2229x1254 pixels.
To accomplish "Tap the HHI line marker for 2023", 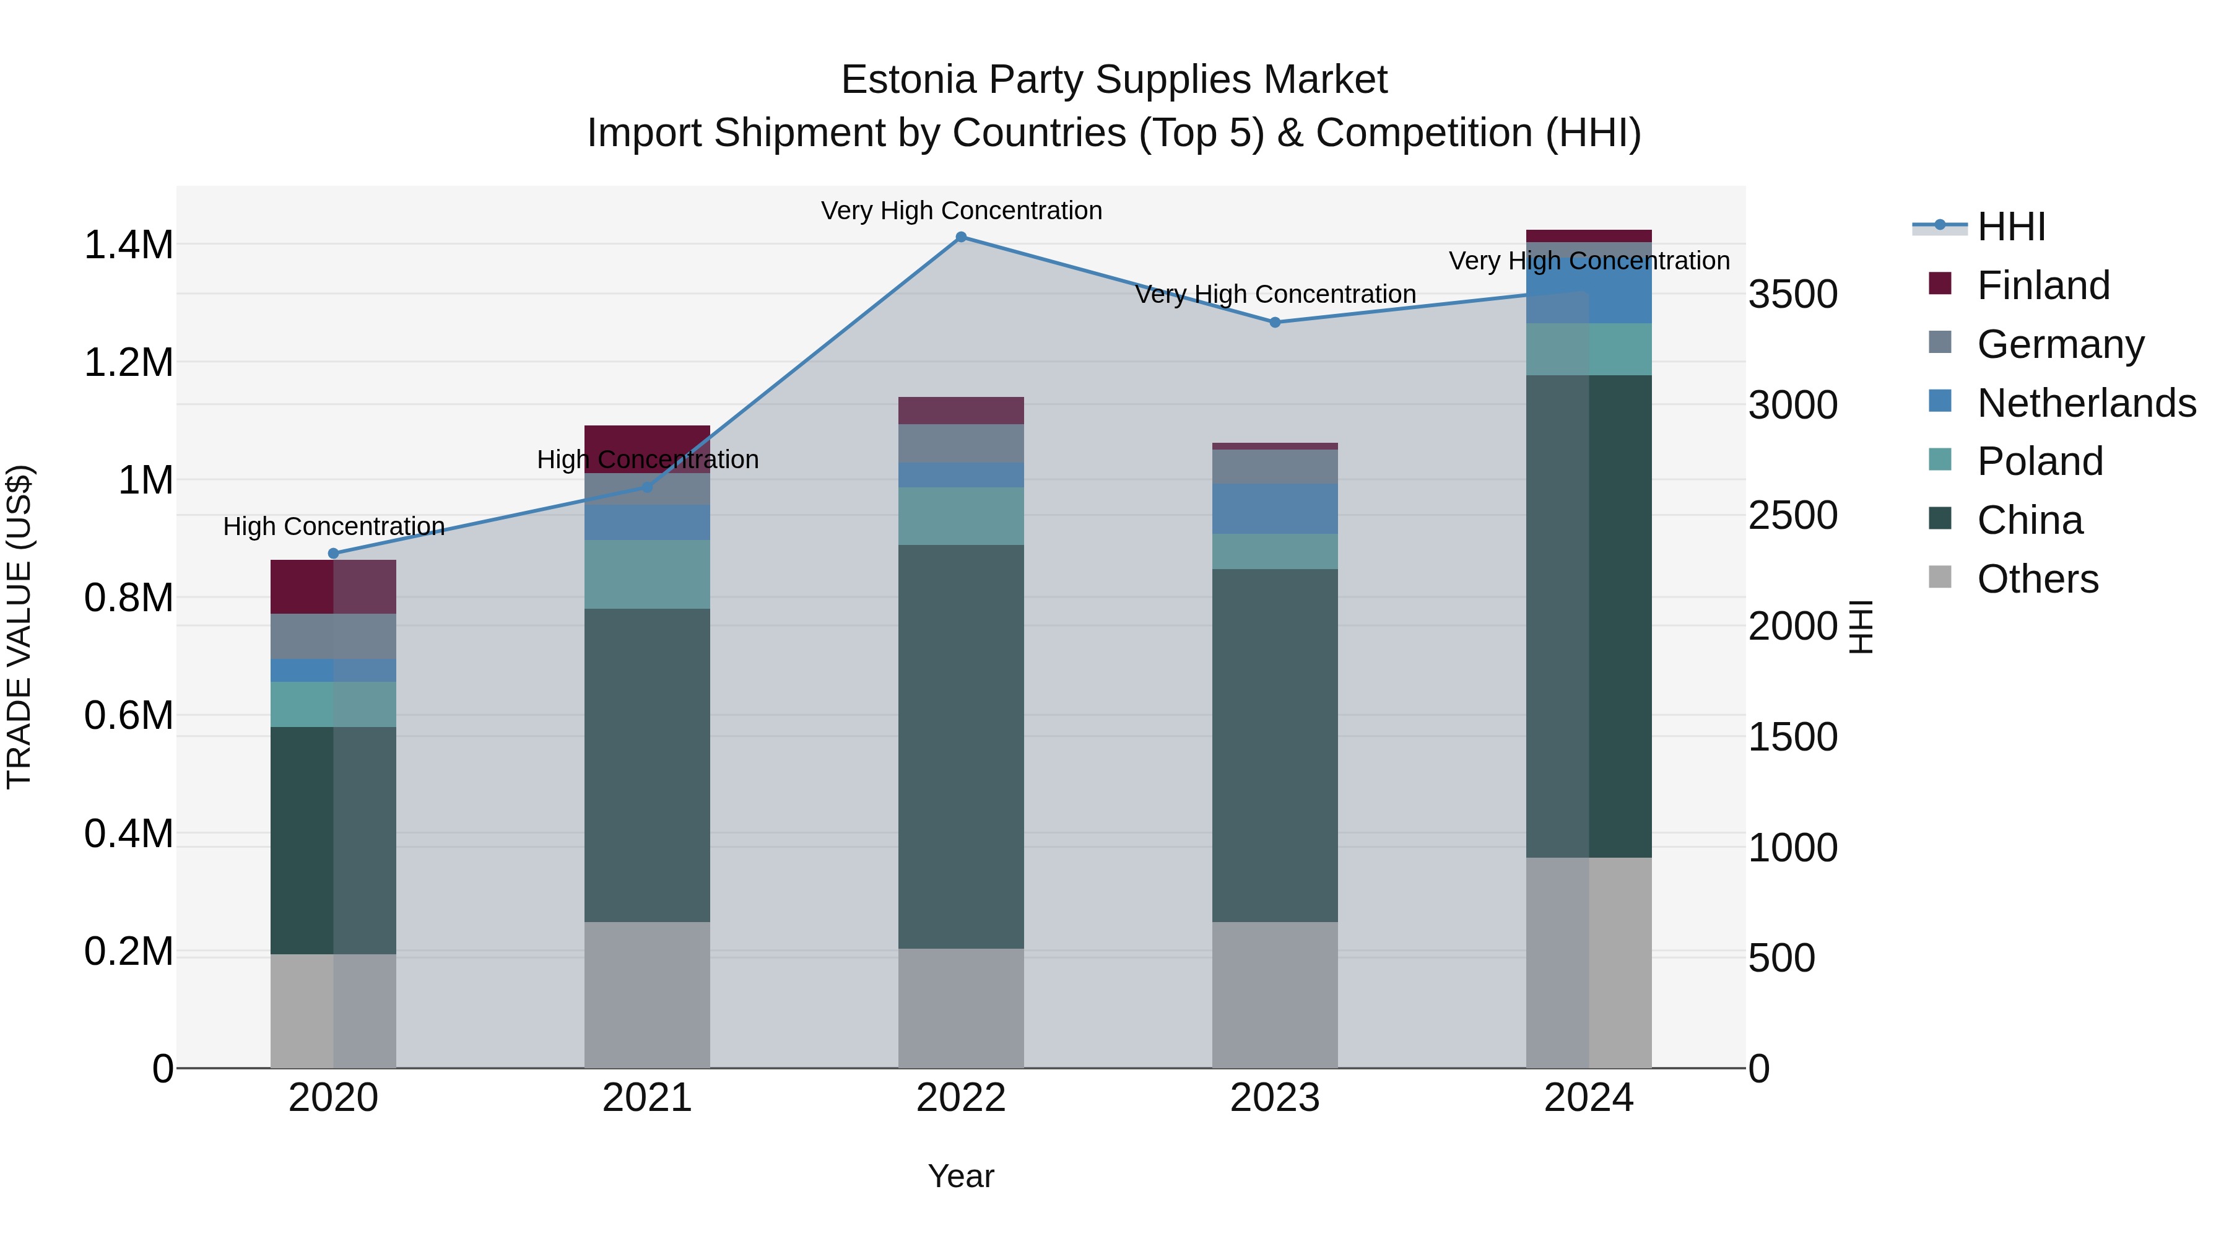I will pyautogui.click(x=1275, y=323).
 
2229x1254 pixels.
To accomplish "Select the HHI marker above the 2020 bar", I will pyautogui.click(x=333, y=554).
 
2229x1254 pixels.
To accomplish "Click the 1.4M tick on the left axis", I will pyautogui.click(x=129, y=245).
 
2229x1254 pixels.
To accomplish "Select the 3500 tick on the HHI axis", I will pyautogui.click(x=1793, y=294).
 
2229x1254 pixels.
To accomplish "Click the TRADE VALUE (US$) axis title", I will pyautogui.click(x=19, y=627).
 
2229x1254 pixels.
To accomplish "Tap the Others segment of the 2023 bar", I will pyautogui.click(x=1275, y=995).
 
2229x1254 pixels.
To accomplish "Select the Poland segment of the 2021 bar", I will pyautogui.click(x=646, y=575).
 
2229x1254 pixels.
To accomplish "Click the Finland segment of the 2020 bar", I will pyautogui.click(x=333, y=587).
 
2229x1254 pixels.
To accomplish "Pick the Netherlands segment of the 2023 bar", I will pyautogui.click(x=1275, y=509).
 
